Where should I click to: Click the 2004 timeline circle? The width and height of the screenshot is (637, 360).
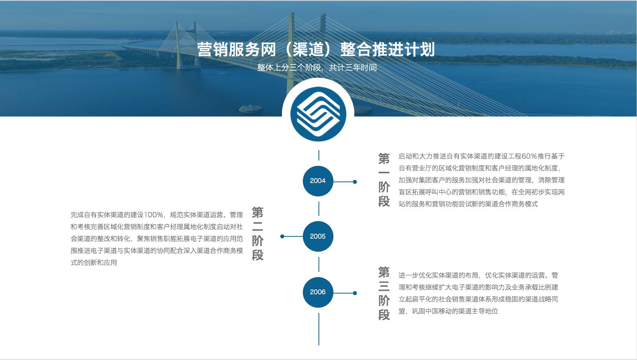click(x=318, y=181)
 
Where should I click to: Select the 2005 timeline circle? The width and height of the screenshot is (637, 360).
click(x=318, y=236)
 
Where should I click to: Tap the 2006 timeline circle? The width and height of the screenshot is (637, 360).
click(x=318, y=292)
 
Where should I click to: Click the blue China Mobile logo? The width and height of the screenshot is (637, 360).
click(x=318, y=114)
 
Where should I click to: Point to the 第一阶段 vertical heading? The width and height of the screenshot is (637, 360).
click(x=384, y=180)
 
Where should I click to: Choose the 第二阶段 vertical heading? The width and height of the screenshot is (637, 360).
click(x=258, y=234)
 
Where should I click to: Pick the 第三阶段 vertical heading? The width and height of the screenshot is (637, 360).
click(x=384, y=294)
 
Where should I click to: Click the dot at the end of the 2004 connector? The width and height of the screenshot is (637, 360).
click(x=355, y=182)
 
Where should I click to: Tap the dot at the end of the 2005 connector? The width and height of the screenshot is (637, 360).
click(x=282, y=236)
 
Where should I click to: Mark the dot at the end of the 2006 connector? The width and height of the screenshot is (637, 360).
click(x=355, y=293)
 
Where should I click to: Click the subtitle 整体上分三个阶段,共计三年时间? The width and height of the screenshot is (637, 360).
click(x=317, y=68)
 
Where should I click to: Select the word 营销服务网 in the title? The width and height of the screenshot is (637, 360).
click(x=236, y=50)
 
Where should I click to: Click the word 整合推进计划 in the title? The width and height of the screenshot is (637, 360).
click(x=388, y=50)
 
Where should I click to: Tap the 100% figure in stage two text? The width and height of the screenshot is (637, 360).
click(x=153, y=215)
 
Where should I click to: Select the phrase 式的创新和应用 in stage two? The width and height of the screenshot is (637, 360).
click(x=94, y=263)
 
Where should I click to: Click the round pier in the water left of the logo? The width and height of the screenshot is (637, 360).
click(x=251, y=109)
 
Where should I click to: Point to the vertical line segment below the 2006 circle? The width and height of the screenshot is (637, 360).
click(x=319, y=329)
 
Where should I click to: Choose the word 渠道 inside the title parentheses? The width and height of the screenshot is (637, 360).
click(x=308, y=50)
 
